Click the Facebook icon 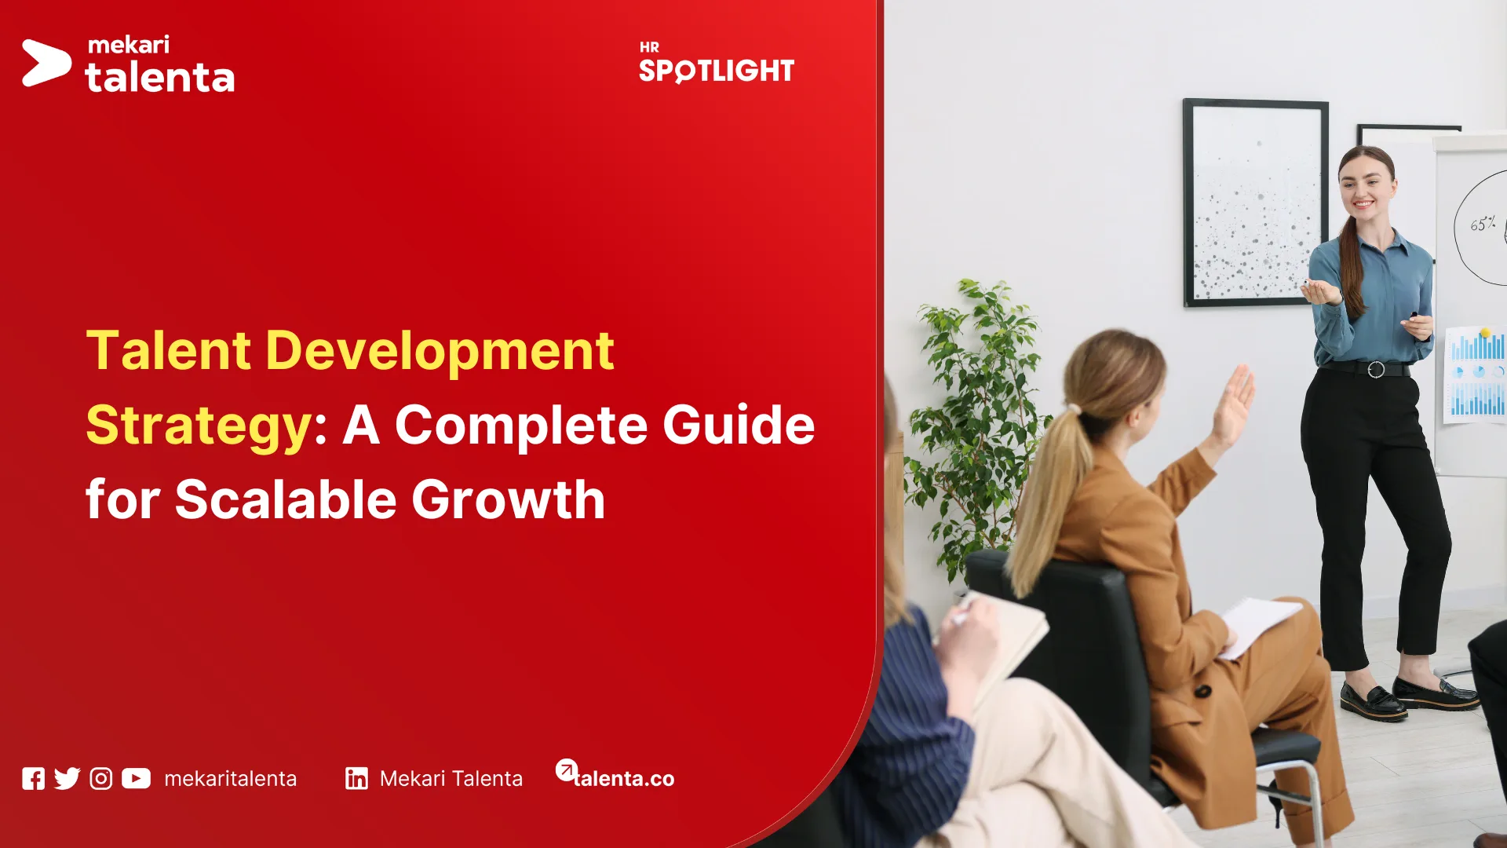pyautogui.click(x=33, y=778)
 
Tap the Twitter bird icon pyautogui.click(x=68, y=778)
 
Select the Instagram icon pyautogui.click(x=101, y=778)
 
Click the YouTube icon pyautogui.click(x=136, y=778)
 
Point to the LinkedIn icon pyautogui.click(x=356, y=778)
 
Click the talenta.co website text pyautogui.click(x=624, y=778)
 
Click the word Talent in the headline pyautogui.click(x=169, y=350)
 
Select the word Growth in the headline pyautogui.click(x=508, y=499)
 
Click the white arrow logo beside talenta pyautogui.click(x=46, y=63)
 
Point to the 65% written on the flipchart pyautogui.click(x=1483, y=225)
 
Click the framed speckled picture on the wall pyautogui.click(x=1255, y=203)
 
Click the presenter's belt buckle pyautogui.click(x=1376, y=369)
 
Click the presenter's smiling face pyautogui.click(x=1367, y=189)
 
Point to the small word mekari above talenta pyautogui.click(x=129, y=45)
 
